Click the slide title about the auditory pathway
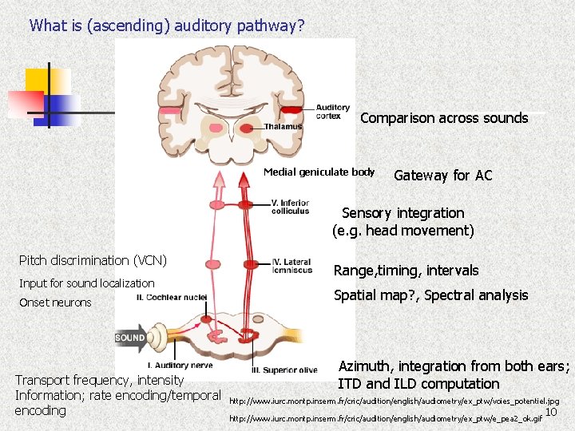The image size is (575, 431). click(x=167, y=26)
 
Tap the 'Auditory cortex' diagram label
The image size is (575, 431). click(x=332, y=112)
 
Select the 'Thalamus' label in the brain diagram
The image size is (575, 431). click(x=284, y=126)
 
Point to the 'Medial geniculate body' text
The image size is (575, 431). click(x=319, y=172)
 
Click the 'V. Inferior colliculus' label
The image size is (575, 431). click(x=291, y=207)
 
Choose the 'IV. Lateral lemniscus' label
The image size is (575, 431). click(x=291, y=266)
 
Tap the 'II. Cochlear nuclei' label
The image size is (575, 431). click(x=172, y=297)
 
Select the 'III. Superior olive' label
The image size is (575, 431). click(x=285, y=370)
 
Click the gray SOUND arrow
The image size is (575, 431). click(x=132, y=338)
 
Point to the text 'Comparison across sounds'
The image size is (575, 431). click(x=444, y=118)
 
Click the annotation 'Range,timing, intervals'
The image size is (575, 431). click(x=406, y=271)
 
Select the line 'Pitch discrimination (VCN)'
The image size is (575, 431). click(x=93, y=260)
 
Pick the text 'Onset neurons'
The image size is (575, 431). click(x=55, y=302)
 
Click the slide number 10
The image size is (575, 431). click(x=550, y=412)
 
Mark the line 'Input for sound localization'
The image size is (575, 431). click(x=87, y=283)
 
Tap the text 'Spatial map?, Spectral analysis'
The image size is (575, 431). click(x=430, y=295)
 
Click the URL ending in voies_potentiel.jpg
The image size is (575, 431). click(x=395, y=401)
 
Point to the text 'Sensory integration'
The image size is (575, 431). click(x=402, y=213)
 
